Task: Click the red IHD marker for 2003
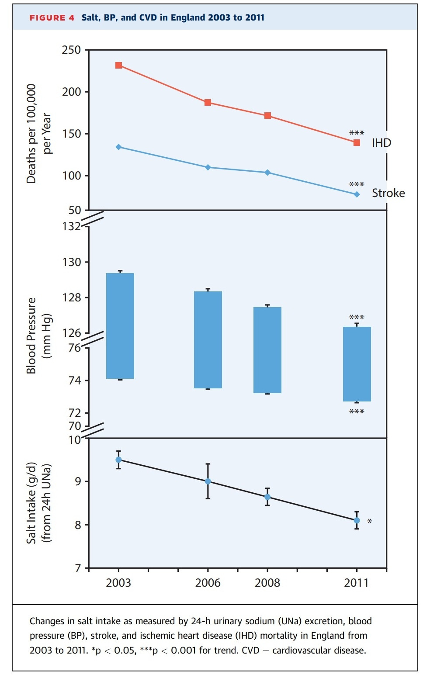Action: click(118, 66)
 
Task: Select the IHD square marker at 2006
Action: click(208, 103)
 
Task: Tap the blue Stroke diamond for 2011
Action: click(357, 194)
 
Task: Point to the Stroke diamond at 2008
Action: click(267, 173)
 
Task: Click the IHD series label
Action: click(381, 143)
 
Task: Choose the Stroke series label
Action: click(388, 193)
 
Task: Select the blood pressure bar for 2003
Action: click(120, 325)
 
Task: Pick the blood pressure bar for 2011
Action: click(357, 364)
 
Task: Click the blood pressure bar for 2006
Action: click(208, 339)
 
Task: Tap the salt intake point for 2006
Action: click(208, 481)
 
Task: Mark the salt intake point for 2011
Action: click(357, 520)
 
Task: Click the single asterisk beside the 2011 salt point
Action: click(370, 522)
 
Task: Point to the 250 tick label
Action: click(71, 50)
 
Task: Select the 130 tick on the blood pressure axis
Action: click(71, 262)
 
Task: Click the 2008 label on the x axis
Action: click(267, 583)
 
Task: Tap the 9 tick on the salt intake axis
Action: click(78, 481)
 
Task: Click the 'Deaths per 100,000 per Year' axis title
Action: click(38, 133)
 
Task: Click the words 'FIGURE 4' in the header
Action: click(52, 18)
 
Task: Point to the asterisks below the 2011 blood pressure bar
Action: click(357, 412)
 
